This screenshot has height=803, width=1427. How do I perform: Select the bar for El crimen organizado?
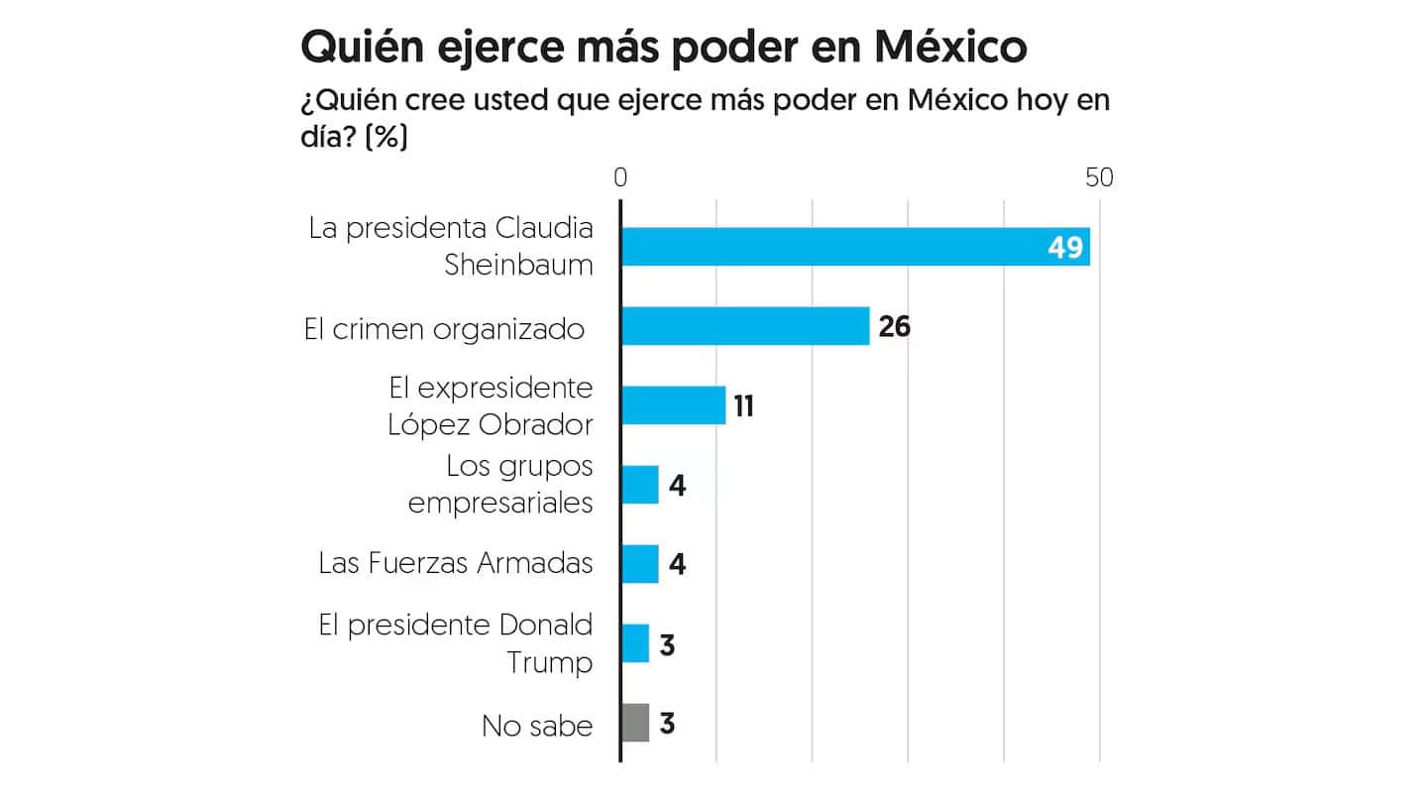click(744, 326)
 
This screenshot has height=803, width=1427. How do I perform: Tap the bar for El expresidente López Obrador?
click(673, 405)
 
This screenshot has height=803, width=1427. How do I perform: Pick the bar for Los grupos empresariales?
click(639, 485)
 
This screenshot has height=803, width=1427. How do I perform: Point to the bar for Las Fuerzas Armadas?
click(639, 564)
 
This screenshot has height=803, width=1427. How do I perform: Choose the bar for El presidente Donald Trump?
click(634, 643)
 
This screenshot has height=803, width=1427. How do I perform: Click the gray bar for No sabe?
click(634, 723)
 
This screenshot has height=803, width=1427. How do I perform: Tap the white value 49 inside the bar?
click(1065, 247)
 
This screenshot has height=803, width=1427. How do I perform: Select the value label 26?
click(894, 326)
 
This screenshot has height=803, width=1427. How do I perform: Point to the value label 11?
click(743, 405)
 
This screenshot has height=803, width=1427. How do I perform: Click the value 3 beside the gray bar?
click(667, 724)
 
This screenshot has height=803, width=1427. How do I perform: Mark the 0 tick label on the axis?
click(620, 177)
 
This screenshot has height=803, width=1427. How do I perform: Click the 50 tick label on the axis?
click(1099, 177)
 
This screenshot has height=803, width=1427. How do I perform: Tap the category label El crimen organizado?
click(444, 329)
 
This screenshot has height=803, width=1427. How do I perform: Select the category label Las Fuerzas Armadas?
click(456, 564)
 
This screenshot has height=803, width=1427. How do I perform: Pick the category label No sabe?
click(537, 726)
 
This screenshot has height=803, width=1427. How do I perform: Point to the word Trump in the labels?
click(550, 662)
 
